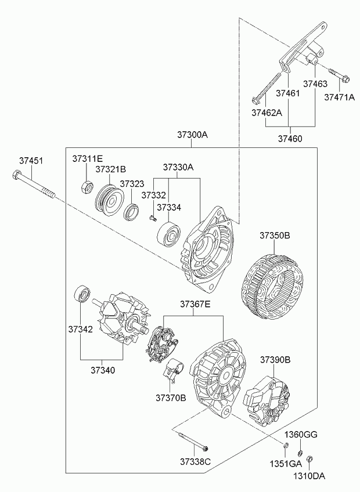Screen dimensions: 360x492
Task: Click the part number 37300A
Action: pos(192,135)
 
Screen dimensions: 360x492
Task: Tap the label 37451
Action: pos(31,160)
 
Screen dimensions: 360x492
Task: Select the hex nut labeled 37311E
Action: pos(86,187)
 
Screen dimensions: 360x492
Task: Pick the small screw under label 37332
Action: pos(153,218)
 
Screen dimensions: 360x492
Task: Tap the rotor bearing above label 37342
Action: pos(82,294)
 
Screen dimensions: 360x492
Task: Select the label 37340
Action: pos(103,370)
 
